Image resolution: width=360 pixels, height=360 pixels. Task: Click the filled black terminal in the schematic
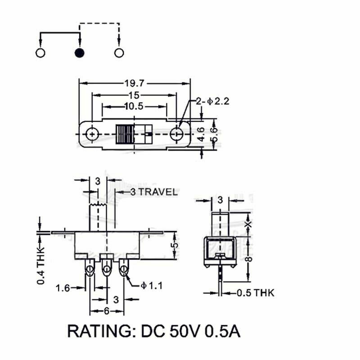pos(80,53)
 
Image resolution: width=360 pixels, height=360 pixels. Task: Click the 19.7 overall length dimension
pos(135,83)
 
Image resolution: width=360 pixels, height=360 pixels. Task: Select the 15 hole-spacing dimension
pos(134,95)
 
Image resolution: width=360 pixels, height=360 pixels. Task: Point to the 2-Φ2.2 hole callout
pos(212,102)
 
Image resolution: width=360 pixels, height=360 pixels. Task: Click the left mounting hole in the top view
pos(92,134)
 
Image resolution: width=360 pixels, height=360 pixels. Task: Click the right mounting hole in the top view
pos(177,134)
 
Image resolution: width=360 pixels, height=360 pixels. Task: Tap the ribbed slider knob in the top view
pos(126,134)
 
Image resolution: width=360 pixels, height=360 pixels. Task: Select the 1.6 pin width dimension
pos(63,288)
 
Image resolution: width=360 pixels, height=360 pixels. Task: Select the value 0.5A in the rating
pos(222,332)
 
